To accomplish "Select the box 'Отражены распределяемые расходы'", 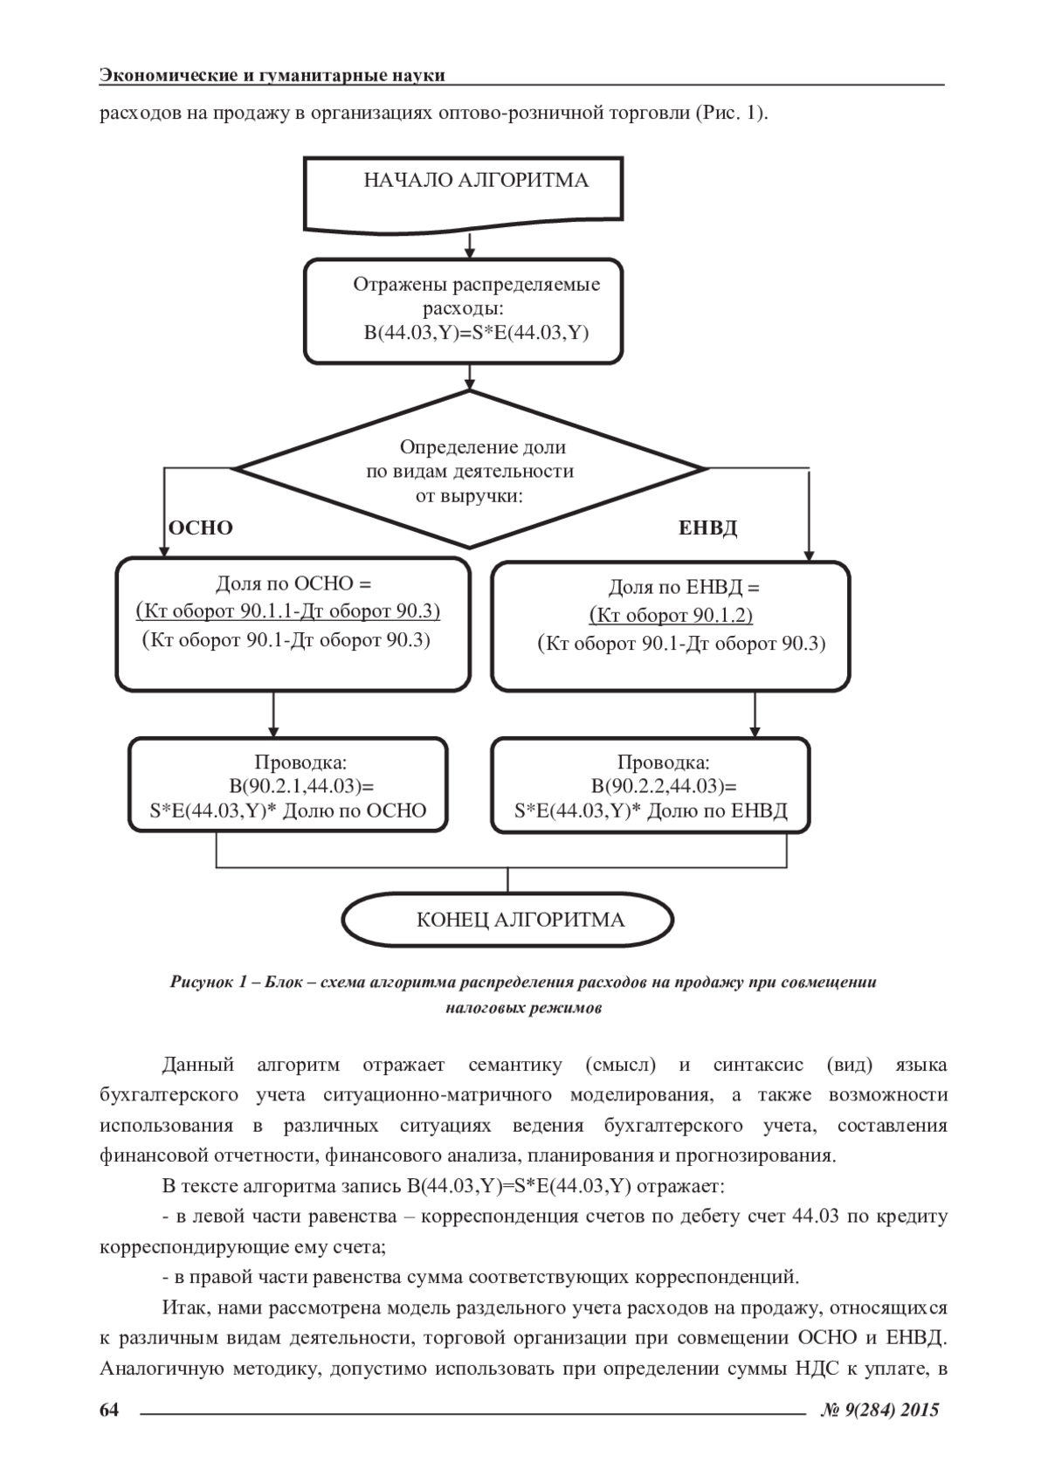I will pos(463,310).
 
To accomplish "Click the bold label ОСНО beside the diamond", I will pos(200,528).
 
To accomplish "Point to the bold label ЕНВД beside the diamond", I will pos(707,528).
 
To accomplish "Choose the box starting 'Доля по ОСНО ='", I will pos(293,624).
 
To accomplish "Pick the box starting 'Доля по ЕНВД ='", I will pos(670,626).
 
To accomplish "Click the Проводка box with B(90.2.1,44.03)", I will pos(288,785).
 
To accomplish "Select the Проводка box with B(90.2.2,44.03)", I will pos(651,786).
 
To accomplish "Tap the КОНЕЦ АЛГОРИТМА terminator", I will pos(507,920).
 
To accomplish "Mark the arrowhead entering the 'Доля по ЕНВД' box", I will pos(809,554).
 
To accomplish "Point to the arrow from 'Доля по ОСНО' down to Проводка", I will pos(274,714).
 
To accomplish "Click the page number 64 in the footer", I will pos(109,1409).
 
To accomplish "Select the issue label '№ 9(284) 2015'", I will pos(880,1409).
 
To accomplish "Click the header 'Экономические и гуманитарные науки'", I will pos(272,75).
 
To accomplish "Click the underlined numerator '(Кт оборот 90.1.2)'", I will pos(671,616).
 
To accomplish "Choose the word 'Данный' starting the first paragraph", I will pos(198,1065).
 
